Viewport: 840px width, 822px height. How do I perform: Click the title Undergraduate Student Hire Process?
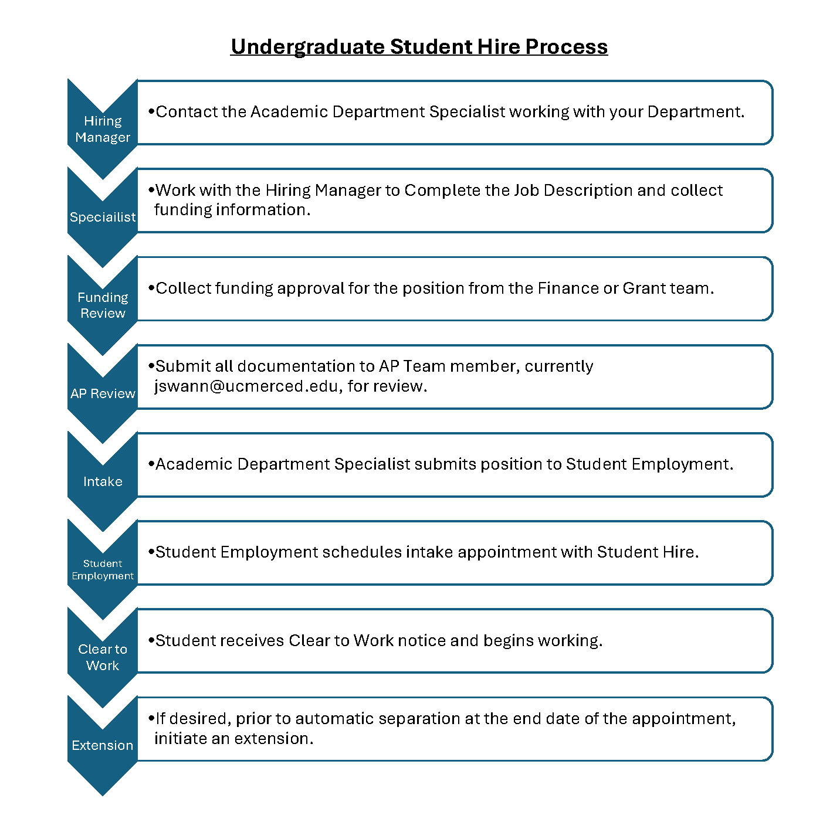pyautogui.click(x=419, y=47)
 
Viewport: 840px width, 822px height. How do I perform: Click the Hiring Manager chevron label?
pyautogui.click(x=103, y=129)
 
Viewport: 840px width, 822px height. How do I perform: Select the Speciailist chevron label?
pyautogui.click(x=103, y=216)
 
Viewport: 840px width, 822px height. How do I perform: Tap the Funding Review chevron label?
pyautogui.click(x=103, y=305)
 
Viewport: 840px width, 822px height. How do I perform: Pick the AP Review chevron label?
pyautogui.click(x=103, y=393)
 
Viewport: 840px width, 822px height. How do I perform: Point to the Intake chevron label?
pyautogui.click(x=103, y=481)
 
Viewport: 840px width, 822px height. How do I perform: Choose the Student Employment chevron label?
pyautogui.click(x=103, y=569)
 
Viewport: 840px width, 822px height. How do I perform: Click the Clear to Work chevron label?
pyautogui.click(x=103, y=657)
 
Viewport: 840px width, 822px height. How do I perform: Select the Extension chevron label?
pyautogui.click(x=103, y=745)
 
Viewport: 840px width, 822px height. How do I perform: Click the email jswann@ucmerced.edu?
pyautogui.click(x=246, y=386)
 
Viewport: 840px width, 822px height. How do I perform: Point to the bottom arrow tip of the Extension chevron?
pyautogui.click(x=103, y=795)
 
